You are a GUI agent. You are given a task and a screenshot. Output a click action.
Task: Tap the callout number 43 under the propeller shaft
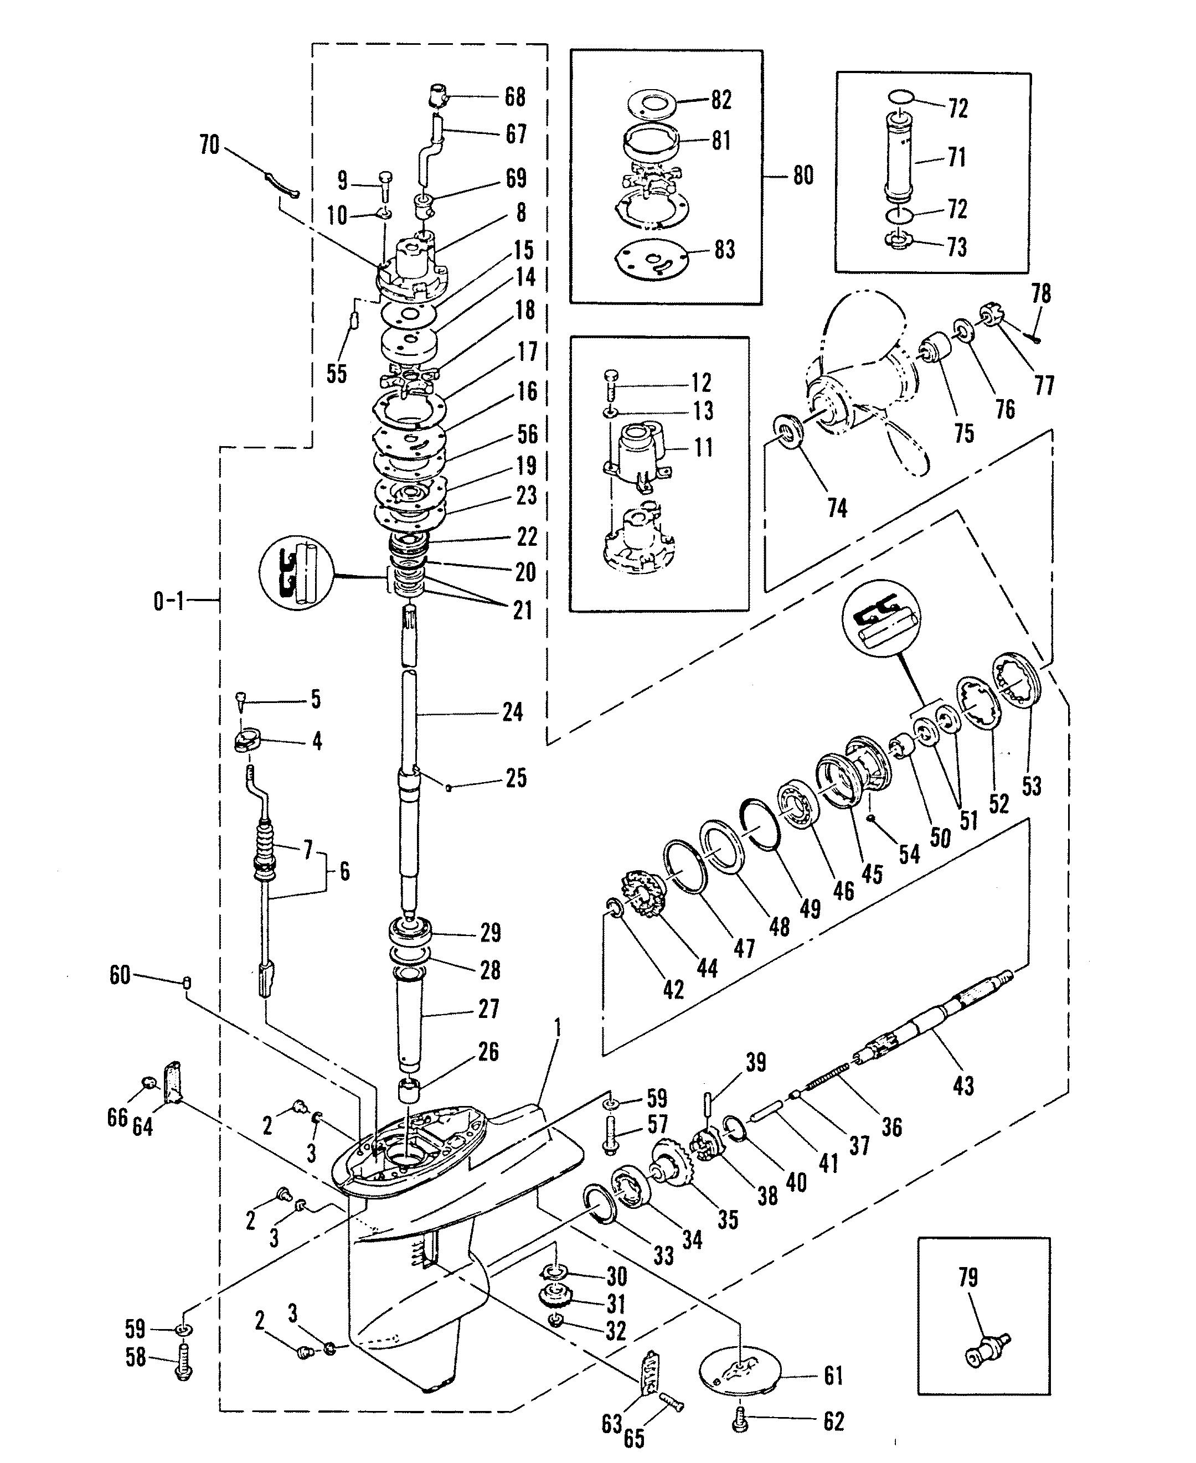pyautogui.click(x=963, y=1085)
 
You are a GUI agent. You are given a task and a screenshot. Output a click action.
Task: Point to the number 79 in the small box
pyautogui.click(x=968, y=1278)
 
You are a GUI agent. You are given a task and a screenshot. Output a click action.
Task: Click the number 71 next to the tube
pyautogui.click(x=956, y=157)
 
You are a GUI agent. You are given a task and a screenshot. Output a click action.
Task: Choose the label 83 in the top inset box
pyautogui.click(x=725, y=249)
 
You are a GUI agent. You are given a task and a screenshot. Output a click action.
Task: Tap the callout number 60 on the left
pyautogui.click(x=120, y=975)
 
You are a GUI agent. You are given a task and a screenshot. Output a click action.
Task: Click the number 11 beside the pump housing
pyautogui.click(x=702, y=448)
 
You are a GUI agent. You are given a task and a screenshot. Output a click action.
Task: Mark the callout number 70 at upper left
pyautogui.click(x=209, y=146)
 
